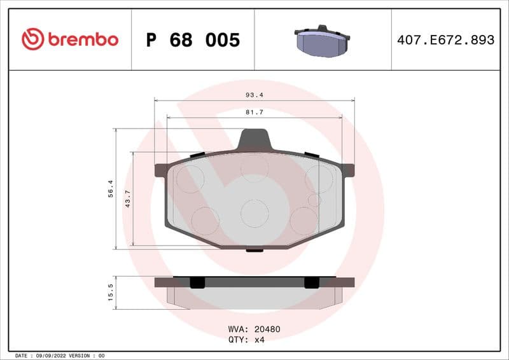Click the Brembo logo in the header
coord(69,39)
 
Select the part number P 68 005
coord(193,40)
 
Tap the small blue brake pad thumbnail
coord(322,41)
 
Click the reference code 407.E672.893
coord(445,40)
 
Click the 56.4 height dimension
coord(110,188)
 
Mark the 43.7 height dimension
coord(127,198)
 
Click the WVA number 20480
coord(267,329)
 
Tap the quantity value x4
coord(259,340)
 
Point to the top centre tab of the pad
coord(254,139)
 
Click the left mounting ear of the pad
coord(162,170)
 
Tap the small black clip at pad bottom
coord(254,249)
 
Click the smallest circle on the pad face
coord(312,200)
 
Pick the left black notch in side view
coord(198,282)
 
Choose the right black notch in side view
coord(311,282)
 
